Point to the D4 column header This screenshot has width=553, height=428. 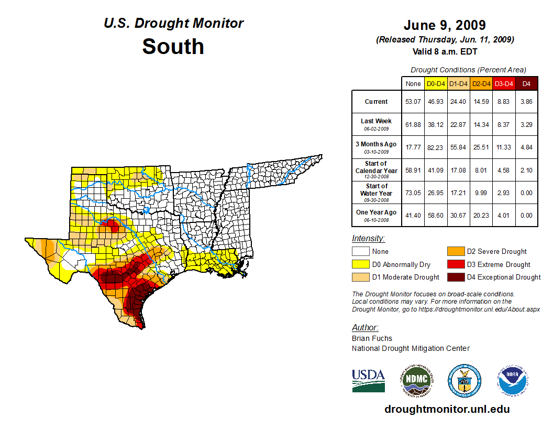[526, 84]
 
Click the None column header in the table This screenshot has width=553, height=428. [413, 84]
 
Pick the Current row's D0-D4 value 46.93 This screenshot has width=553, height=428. [436, 102]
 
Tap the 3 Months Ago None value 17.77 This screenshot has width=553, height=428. [413, 147]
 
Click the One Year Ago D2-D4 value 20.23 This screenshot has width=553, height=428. [481, 215]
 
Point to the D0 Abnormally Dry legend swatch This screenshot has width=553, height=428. [360, 264]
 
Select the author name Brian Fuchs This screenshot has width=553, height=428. [372, 338]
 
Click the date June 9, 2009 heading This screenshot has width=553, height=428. [445, 25]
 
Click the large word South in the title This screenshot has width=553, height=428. [173, 46]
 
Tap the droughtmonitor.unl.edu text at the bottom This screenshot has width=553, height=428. [447, 409]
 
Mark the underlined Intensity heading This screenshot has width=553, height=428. [368, 239]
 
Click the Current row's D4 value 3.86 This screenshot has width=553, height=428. [526, 102]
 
